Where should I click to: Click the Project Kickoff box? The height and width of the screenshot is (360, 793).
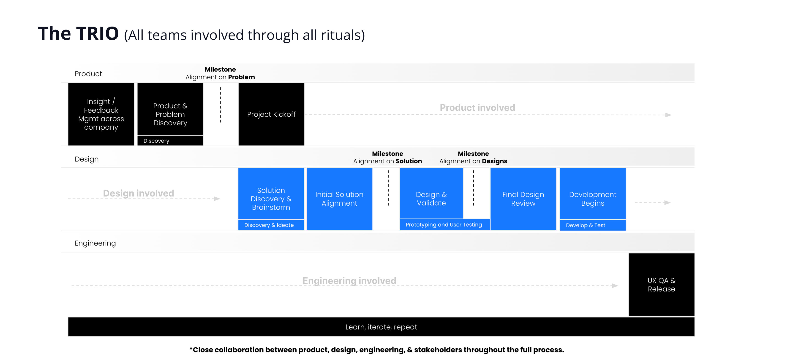click(x=271, y=114)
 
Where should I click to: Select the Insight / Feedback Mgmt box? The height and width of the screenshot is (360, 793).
click(x=101, y=114)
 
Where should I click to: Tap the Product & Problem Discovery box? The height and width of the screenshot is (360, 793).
click(x=170, y=109)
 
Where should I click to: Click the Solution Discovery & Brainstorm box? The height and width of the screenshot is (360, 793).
click(x=271, y=194)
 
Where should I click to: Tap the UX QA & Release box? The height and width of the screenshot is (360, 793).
click(x=661, y=285)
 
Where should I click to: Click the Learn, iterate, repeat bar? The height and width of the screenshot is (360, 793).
click(x=381, y=327)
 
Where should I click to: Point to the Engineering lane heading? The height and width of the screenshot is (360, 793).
click(x=95, y=243)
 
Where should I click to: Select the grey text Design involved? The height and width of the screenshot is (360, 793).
click(x=138, y=193)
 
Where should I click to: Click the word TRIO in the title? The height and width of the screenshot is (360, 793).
click(x=97, y=34)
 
